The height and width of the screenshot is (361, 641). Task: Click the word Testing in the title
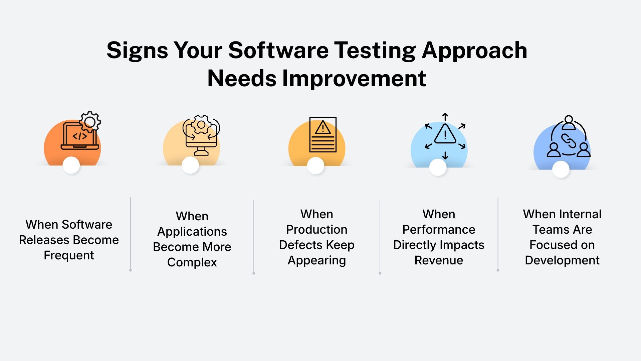[375, 51]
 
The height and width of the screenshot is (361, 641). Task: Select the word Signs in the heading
[137, 51]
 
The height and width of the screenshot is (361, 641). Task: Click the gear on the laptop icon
[90, 122]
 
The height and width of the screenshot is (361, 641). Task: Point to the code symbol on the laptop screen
[80, 136]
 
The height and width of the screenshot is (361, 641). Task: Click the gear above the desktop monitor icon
[201, 125]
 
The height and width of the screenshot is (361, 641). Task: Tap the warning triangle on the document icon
[323, 128]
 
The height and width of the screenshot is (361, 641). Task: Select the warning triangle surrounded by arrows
[445, 134]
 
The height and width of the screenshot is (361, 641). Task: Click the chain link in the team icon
[569, 141]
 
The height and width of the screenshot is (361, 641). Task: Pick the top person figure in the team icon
[569, 122]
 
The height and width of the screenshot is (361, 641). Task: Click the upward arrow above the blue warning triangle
[445, 117]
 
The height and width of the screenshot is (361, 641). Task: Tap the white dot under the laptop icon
[71, 165]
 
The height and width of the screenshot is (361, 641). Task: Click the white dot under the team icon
[561, 169]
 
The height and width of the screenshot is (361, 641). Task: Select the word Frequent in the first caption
[69, 255]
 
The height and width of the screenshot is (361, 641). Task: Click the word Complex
[192, 262]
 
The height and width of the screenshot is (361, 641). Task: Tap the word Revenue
[439, 260]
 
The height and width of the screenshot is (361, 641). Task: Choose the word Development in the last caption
[562, 260]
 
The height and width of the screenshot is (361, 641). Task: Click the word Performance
[439, 230]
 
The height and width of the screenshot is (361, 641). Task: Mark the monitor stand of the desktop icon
[201, 152]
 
